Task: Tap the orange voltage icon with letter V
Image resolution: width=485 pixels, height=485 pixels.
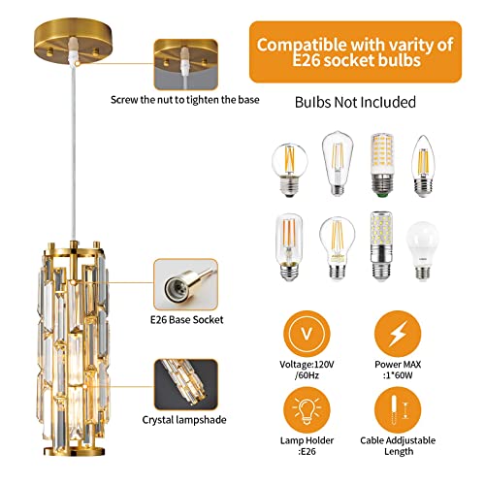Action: [303, 333]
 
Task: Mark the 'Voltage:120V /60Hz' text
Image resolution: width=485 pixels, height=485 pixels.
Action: [303, 374]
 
